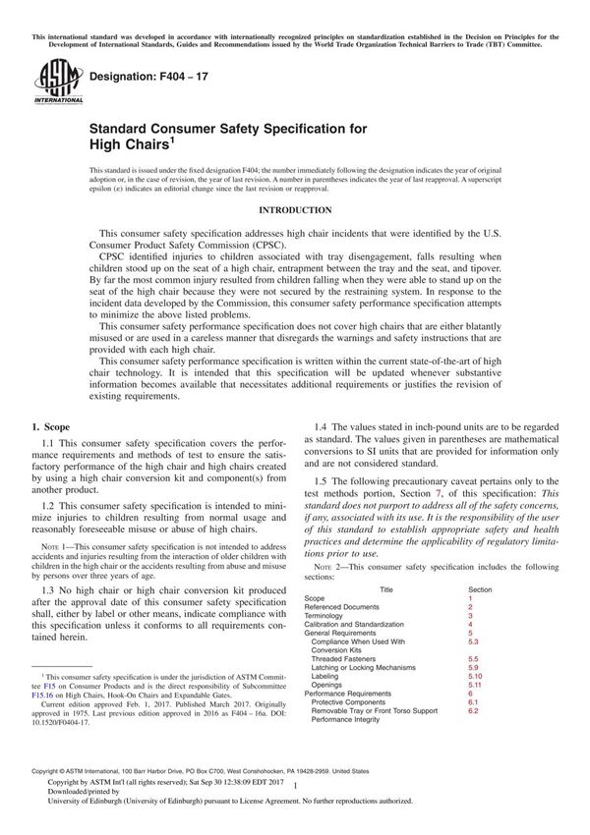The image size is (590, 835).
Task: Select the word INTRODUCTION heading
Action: coord(294,210)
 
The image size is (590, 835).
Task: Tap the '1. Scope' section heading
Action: coord(51,428)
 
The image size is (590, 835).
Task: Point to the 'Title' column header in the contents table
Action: coord(386,589)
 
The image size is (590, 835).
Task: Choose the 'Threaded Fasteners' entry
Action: coord(348,659)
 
